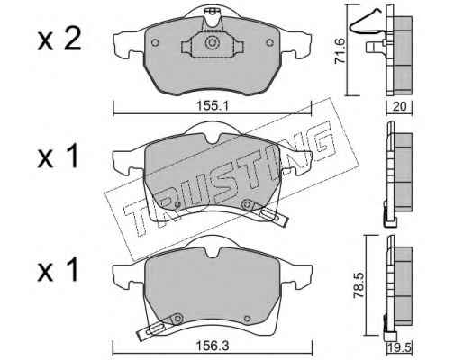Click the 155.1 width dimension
pos(213,105)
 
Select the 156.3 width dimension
pos(213,346)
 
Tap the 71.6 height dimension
pos(340,50)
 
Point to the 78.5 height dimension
pos(359,285)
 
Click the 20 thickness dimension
pos(399,106)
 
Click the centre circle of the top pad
pos(212,42)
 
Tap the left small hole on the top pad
pos(155,42)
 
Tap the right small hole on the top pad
pos(270,42)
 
